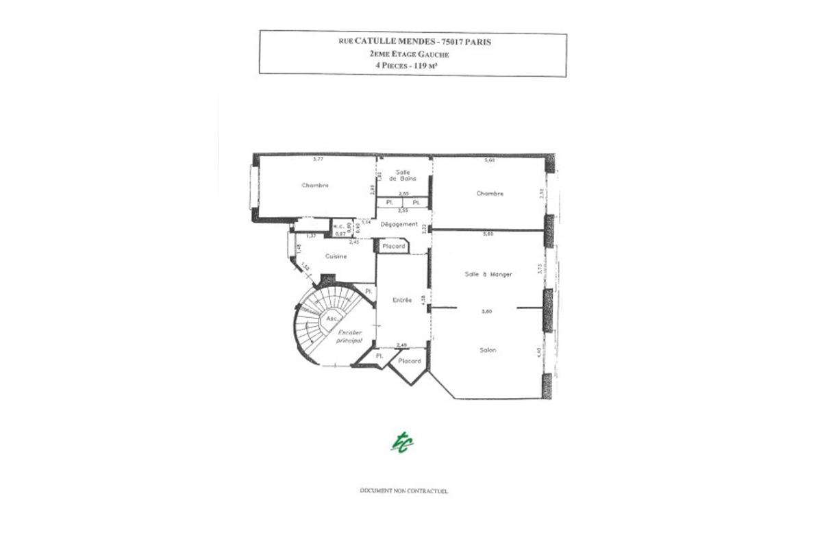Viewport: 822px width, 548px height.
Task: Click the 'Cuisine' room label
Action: click(336, 256)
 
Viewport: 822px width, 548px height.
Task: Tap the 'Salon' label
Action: click(488, 350)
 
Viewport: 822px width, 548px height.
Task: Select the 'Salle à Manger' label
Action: click(488, 274)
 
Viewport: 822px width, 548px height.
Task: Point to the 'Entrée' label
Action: click(402, 300)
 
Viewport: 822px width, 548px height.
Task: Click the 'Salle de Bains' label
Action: click(403, 175)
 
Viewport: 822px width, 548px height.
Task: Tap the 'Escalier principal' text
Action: click(349, 336)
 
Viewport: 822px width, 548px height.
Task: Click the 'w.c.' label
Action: click(338, 225)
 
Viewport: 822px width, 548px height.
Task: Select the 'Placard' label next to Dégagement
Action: click(394, 246)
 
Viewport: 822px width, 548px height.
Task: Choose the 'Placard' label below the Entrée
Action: click(409, 360)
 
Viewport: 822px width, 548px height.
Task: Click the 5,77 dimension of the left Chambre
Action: click(317, 160)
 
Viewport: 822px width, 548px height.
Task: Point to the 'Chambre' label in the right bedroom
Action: click(490, 193)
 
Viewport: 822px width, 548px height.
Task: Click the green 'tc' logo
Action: click(402, 443)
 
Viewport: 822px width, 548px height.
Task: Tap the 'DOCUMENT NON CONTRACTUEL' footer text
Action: click(403, 491)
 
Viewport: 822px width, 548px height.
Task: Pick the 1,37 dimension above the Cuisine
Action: click(310, 236)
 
